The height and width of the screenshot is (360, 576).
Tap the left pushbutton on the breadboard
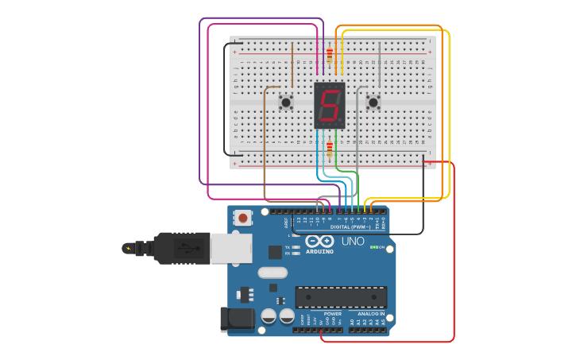(286, 102)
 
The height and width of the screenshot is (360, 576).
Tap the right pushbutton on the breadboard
(373, 102)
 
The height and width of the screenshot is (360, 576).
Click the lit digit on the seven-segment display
(330, 104)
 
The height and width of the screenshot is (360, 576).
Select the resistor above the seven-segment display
(330, 55)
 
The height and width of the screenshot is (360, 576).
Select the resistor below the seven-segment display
(330, 149)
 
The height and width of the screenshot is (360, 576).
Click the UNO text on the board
(353, 241)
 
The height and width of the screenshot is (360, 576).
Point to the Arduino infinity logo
(318, 242)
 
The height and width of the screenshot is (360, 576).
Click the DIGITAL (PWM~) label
(350, 227)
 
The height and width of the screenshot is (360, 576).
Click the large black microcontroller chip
(341, 297)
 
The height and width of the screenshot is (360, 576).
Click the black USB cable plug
(183, 248)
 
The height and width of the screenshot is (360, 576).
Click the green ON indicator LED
(373, 247)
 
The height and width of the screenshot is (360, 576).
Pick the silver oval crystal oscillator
(272, 273)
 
